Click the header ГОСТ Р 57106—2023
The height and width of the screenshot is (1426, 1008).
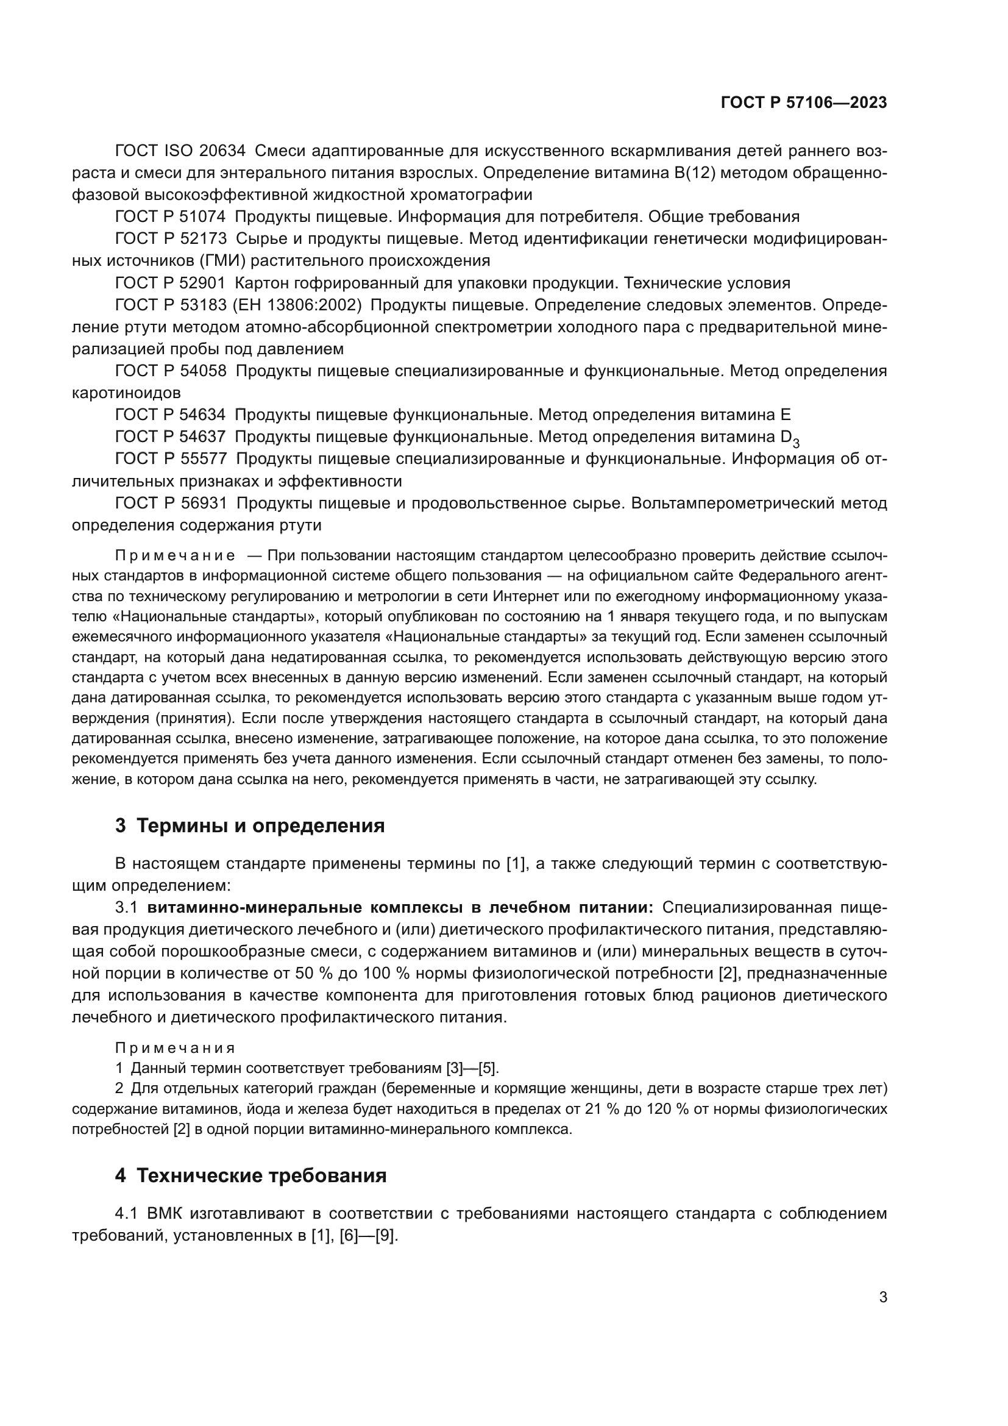[x=803, y=103]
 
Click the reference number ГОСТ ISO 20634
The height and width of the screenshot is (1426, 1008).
[x=180, y=151]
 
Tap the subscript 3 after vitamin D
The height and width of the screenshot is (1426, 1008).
[x=797, y=443]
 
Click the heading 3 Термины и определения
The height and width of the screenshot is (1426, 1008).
[x=249, y=826]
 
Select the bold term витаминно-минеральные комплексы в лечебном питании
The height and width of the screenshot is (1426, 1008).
[x=400, y=907]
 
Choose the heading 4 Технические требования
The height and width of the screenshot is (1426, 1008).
[x=250, y=1175]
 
